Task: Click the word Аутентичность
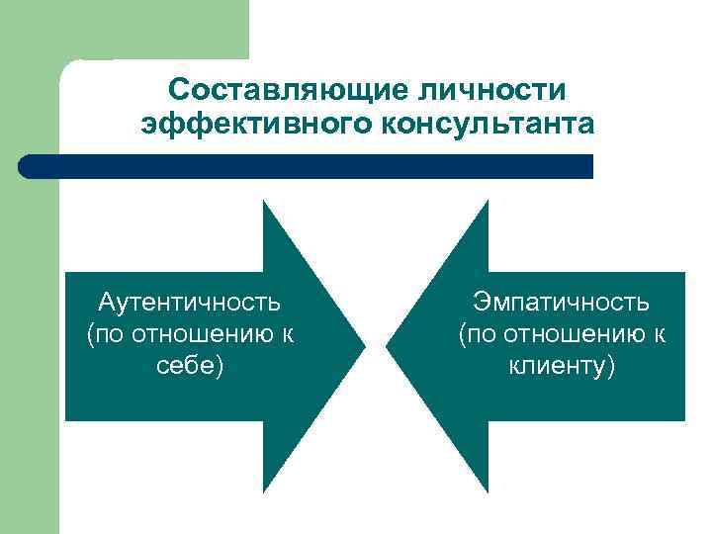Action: pos(191,301)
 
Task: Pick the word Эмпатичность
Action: pos(562,301)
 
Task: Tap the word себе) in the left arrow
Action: pos(191,367)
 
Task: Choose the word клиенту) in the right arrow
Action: pos(562,367)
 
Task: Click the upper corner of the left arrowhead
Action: pos(265,204)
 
